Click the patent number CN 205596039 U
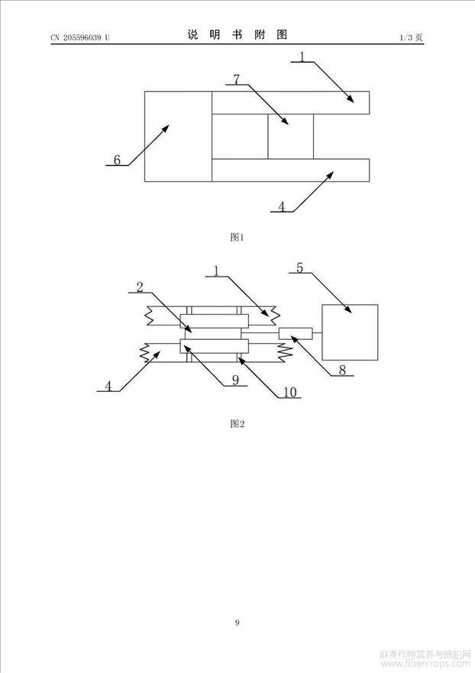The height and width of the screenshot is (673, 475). (x=80, y=37)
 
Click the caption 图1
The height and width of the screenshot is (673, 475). (x=237, y=237)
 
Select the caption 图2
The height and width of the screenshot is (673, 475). (x=237, y=424)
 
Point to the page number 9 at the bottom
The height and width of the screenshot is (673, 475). (x=237, y=623)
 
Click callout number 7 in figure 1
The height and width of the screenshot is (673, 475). (x=237, y=79)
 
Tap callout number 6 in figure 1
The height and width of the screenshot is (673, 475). (x=117, y=160)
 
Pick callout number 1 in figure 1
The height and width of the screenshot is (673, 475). (x=302, y=57)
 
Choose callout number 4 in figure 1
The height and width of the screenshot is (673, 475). (x=282, y=206)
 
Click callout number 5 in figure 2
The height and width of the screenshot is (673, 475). (x=299, y=268)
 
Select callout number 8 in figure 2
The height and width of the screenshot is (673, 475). (x=342, y=370)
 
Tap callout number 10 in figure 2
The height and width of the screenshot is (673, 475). (x=290, y=393)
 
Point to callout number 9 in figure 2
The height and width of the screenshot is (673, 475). (x=235, y=380)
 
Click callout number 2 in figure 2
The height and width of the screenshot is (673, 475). (x=140, y=287)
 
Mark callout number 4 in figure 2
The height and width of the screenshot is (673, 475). (x=108, y=387)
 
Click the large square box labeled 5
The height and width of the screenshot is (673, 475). (x=350, y=332)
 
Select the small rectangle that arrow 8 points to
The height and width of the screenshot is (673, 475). (x=296, y=334)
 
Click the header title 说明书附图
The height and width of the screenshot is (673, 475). (x=237, y=35)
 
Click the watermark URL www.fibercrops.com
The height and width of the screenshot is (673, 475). (x=425, y=664)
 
